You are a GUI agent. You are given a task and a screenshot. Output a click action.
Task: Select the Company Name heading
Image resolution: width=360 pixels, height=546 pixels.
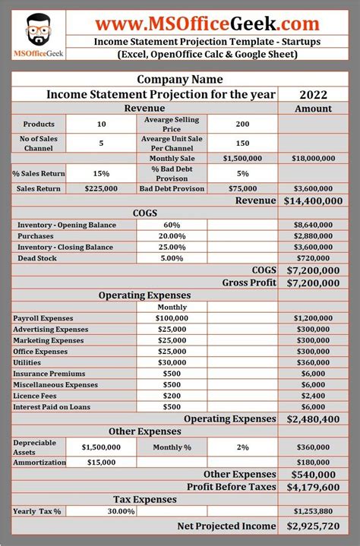pos(180,79)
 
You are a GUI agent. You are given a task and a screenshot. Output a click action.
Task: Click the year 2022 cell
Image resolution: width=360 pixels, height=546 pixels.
pos(313,94)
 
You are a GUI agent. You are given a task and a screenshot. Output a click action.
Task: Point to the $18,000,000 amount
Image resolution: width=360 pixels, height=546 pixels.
pos(313,158)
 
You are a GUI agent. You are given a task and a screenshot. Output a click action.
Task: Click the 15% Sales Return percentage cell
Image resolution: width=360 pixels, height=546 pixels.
pos(101,173)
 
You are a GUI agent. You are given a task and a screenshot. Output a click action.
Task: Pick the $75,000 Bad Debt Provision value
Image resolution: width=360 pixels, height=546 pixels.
pos(242,188)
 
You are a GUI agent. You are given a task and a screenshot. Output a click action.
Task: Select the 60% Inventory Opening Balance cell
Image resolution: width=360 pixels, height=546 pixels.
pos(172,226)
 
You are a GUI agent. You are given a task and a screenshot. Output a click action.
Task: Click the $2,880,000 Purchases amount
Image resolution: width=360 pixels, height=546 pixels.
pos(313,237)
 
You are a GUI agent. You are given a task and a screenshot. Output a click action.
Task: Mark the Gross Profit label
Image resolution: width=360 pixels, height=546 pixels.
pos(249,282)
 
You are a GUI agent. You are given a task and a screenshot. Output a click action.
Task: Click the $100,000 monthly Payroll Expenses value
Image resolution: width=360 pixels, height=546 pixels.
pos(172,319)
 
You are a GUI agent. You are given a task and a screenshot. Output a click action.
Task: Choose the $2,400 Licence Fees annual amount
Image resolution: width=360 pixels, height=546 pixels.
pos(313,396)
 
